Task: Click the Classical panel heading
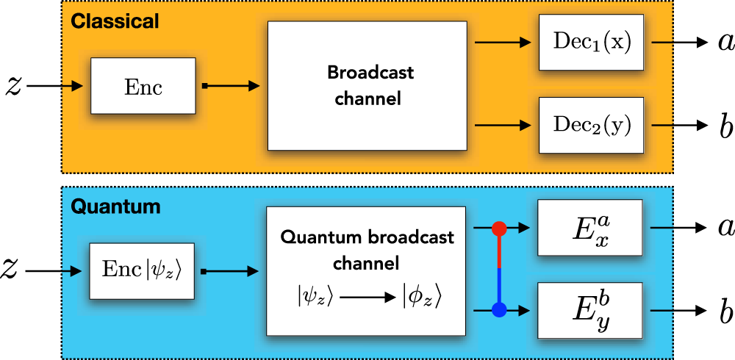coord(115,21)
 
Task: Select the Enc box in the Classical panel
coord(143,86)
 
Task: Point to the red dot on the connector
coord(501,228)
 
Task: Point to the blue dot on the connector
coord(501,310)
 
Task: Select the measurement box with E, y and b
coord(590,312)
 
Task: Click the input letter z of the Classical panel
coord(13,85)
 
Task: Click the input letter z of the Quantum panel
coord(13,271)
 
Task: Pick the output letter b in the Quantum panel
coord(726,312)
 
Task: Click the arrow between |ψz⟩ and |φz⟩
coord(367,298)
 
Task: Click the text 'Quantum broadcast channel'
coord(367,250)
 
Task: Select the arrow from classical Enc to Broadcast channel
coord(232,86)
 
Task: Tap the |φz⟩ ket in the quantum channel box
coord(422,298)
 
